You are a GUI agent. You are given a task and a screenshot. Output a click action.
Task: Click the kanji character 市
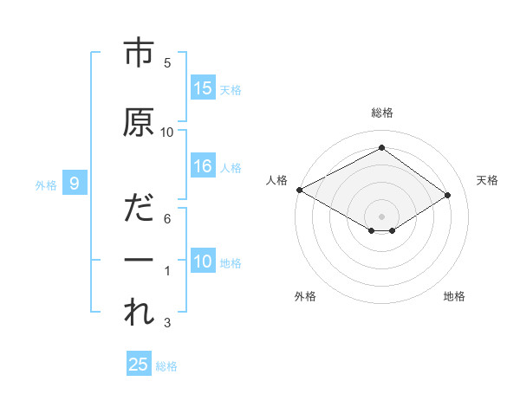point(139,54)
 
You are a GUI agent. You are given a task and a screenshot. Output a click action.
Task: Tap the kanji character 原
point(139,122)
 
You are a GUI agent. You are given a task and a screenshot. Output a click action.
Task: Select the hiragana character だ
point(139,209)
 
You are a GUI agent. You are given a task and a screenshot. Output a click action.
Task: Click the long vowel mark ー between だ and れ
point(139,261)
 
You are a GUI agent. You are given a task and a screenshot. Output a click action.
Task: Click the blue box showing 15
point(203,88)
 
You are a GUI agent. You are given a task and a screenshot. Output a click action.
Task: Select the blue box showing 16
point(203,166)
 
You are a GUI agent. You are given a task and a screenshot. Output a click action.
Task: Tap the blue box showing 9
point(75,183)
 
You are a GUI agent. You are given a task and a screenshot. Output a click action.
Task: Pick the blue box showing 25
point(139,365)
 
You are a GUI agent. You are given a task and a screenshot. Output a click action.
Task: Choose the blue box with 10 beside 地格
point(203,262)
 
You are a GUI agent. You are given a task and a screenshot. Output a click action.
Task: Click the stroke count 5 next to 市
point(167,63)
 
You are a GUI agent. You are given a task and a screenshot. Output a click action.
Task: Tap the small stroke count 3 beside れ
point(167,323)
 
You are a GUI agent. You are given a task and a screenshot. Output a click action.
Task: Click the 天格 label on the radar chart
point(487,180)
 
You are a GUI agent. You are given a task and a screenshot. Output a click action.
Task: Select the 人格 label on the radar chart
point(277,180)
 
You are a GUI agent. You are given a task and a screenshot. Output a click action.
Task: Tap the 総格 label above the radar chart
point(382,113)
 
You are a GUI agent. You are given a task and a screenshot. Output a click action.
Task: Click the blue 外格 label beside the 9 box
point(46,184)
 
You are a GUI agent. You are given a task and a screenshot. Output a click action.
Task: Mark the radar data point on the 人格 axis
point(299,190)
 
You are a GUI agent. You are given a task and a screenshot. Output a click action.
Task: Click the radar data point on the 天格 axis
point(448,196)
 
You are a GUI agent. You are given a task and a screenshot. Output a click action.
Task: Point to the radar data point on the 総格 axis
point(381,148)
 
